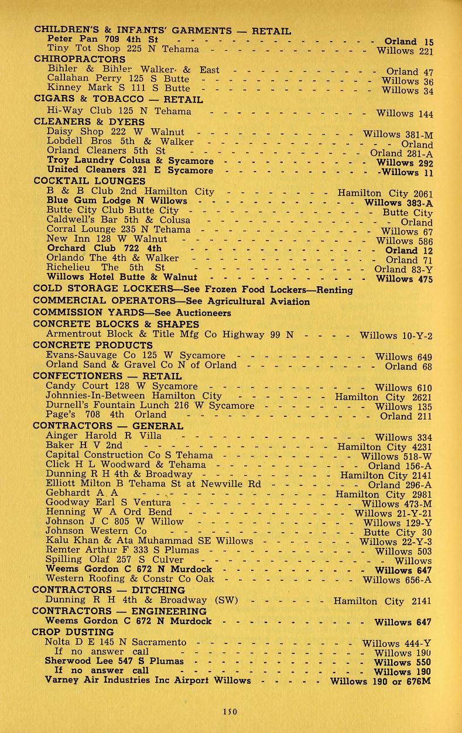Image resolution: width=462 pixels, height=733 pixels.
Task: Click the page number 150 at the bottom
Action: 229,711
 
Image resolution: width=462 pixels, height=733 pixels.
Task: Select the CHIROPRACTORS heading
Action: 79,59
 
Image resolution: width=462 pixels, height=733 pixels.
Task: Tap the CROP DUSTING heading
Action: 73,632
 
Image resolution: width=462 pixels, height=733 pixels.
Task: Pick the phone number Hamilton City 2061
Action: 385,193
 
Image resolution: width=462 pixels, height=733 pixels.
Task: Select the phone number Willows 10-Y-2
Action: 396,336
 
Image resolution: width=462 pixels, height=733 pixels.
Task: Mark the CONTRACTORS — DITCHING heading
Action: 100,590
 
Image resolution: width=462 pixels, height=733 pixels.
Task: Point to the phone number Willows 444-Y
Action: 397,643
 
